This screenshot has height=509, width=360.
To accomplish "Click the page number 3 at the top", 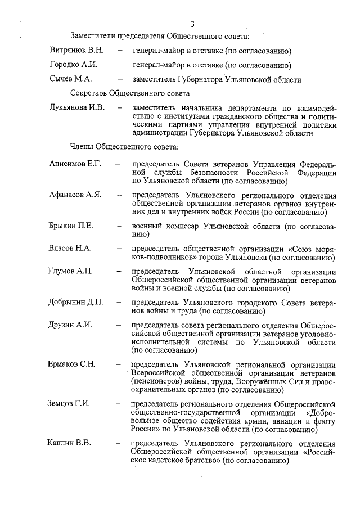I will (x=192, y=24).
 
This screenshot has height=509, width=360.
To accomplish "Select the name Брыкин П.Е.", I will (x=71, y=226).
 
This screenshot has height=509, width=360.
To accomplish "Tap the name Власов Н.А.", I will (x=70, y=248).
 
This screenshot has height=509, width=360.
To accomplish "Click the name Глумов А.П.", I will (x=71, y=272).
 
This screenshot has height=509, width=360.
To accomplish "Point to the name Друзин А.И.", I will (x=70, y=325).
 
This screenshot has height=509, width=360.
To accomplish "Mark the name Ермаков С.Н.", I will (x=72, y=364).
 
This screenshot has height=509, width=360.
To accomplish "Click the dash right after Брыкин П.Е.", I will (x=119, y=227).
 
